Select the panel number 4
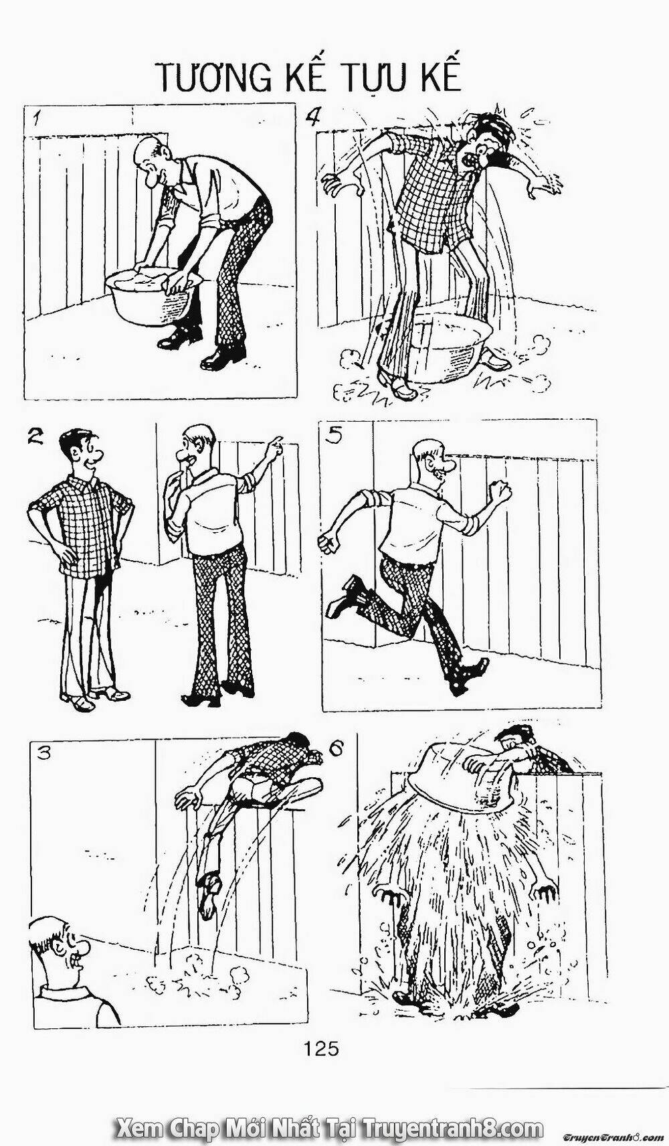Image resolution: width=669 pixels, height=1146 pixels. [x=312, y=118]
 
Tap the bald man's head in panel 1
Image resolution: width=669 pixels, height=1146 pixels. [x=154, y=160]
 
